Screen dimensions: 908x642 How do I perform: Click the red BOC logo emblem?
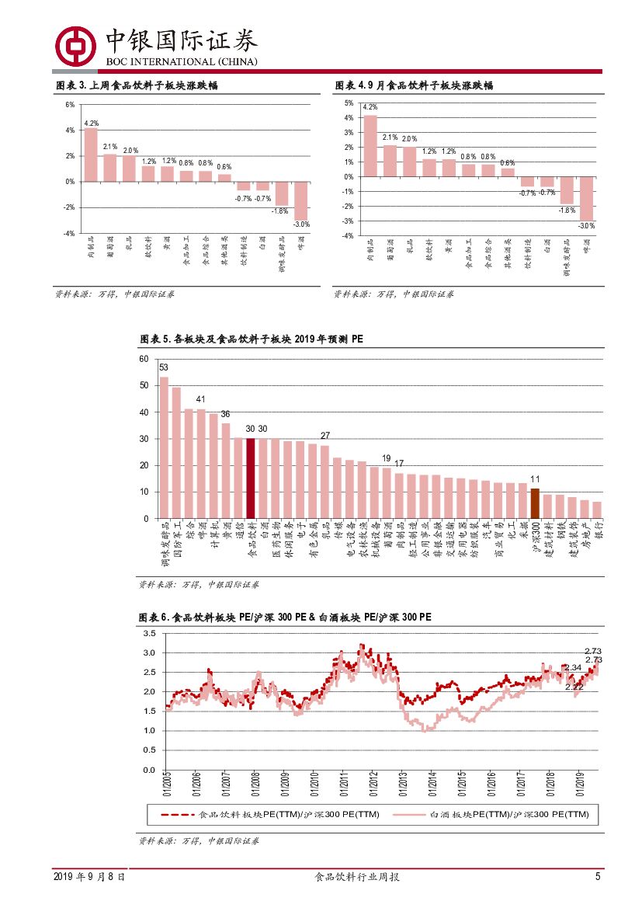[75, 46]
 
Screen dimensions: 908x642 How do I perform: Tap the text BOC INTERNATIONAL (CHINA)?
[182, 62]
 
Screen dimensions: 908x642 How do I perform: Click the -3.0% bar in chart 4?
[587, 198]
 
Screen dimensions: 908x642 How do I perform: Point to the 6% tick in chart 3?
[70, 105]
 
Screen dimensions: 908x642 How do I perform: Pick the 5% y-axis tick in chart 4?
[349, 103]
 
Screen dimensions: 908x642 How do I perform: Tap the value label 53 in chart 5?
[164, 367]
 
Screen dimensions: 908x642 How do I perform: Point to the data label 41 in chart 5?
[200, 399]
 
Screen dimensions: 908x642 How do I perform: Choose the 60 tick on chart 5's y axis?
[143, 359]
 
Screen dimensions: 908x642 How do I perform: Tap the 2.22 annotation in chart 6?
[574, 687]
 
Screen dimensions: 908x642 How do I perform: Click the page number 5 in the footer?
[598, 877]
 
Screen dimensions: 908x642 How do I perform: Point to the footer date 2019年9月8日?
[89, 877]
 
